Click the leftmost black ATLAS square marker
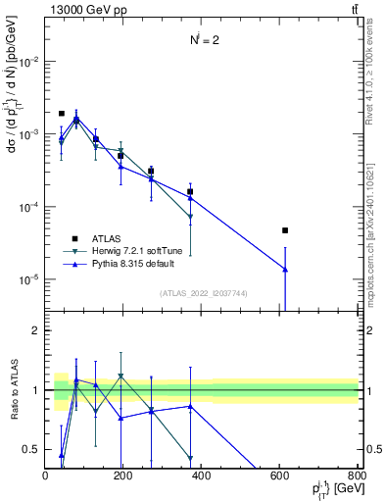(61, 114)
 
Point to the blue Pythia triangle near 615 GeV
(285, 270)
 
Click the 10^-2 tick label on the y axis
(29, 61)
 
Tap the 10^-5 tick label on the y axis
(29, 279)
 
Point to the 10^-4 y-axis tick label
(29, 207)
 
